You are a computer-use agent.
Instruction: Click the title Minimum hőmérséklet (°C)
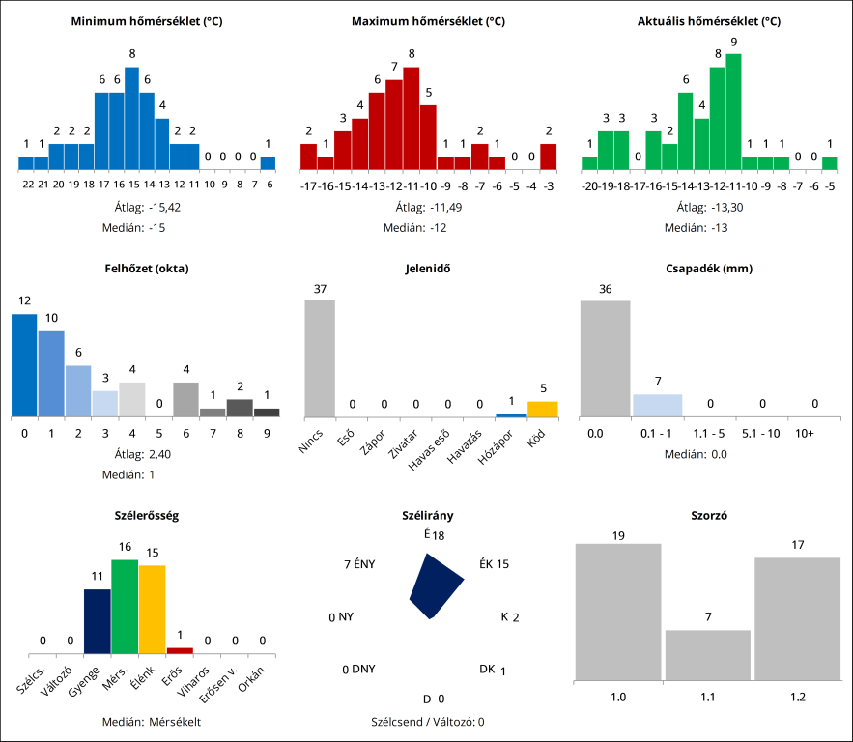[147, 20]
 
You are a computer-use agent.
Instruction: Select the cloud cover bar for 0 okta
[23, 365]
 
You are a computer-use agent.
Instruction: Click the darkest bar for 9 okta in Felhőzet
[267, 412]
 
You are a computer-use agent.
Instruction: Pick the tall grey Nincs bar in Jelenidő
[320, 357]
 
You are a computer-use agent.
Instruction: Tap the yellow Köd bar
[542, 409]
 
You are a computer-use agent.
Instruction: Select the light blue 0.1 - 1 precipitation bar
[657, 405]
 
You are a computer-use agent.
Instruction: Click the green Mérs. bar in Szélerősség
[125, 607]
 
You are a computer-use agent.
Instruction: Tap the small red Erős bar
[180, 650]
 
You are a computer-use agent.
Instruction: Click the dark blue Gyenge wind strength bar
[97, 621]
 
